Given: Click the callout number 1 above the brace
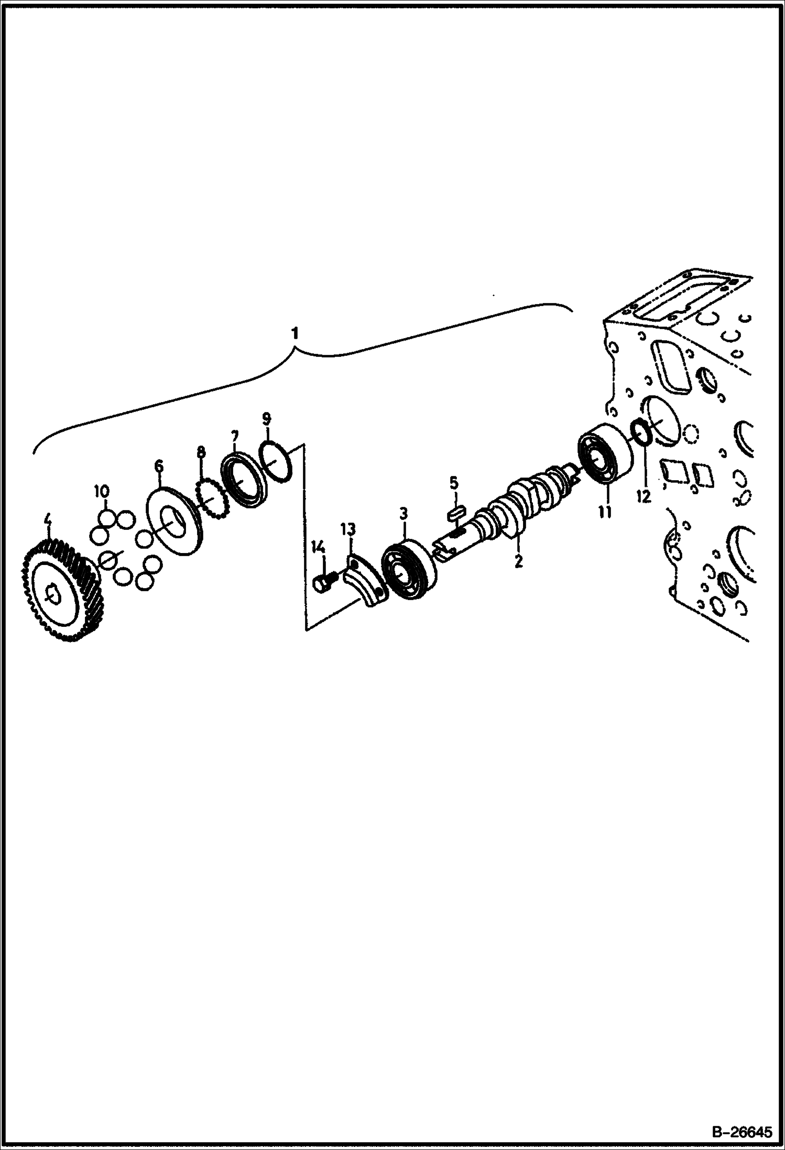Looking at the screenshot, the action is pyautogui.click(x=296, y=333).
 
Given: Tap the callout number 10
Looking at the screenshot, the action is pyautogui.click(x=102, y=492).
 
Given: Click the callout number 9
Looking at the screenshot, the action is pyautogui.click(x=267, y=418).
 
